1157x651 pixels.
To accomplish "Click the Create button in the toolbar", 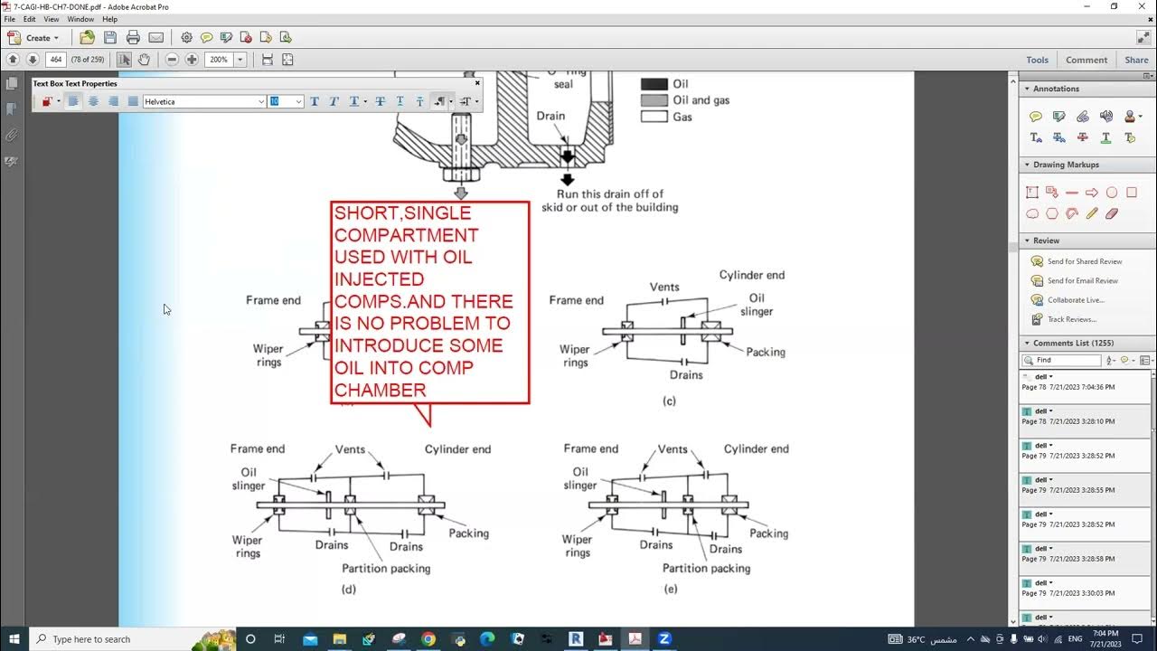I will (x=33, y=38).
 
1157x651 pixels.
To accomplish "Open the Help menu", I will (x=109, y=19).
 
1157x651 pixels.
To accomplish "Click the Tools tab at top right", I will (x=1037, y=60).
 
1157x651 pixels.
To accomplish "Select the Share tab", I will (x=1136, y=60).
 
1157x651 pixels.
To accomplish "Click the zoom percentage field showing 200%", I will (x=219, y=60).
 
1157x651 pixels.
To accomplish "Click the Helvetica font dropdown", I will (x=204, y=101).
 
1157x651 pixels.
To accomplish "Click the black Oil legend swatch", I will (x=654, y=84).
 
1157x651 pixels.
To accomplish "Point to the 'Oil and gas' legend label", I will (x=701, y=100).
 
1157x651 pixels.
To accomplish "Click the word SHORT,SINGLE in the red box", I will (x=402, y=213).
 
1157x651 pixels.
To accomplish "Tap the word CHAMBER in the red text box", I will (x=380, y=391).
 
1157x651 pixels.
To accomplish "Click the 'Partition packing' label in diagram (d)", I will (x=386, y=569).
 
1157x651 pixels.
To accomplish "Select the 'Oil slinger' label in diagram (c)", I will (x=757, y=305).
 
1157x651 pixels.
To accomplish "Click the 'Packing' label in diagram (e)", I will (x=768, y=533).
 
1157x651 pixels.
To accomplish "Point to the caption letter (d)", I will (x=348, y=590).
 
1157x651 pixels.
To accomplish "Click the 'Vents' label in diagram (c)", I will (x=664, y=288).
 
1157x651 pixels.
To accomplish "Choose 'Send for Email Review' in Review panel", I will (x=1082, y=280).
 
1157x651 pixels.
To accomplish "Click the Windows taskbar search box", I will (x=127, y=639).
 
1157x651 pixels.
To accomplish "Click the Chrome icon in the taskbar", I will (x=428, y=639).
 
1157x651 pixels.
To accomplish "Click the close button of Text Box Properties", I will (x=477, y=83).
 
